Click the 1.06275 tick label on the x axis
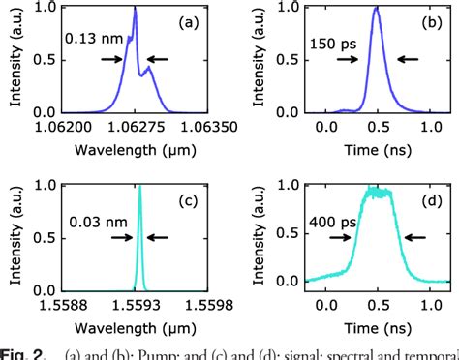pos(136,125)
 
